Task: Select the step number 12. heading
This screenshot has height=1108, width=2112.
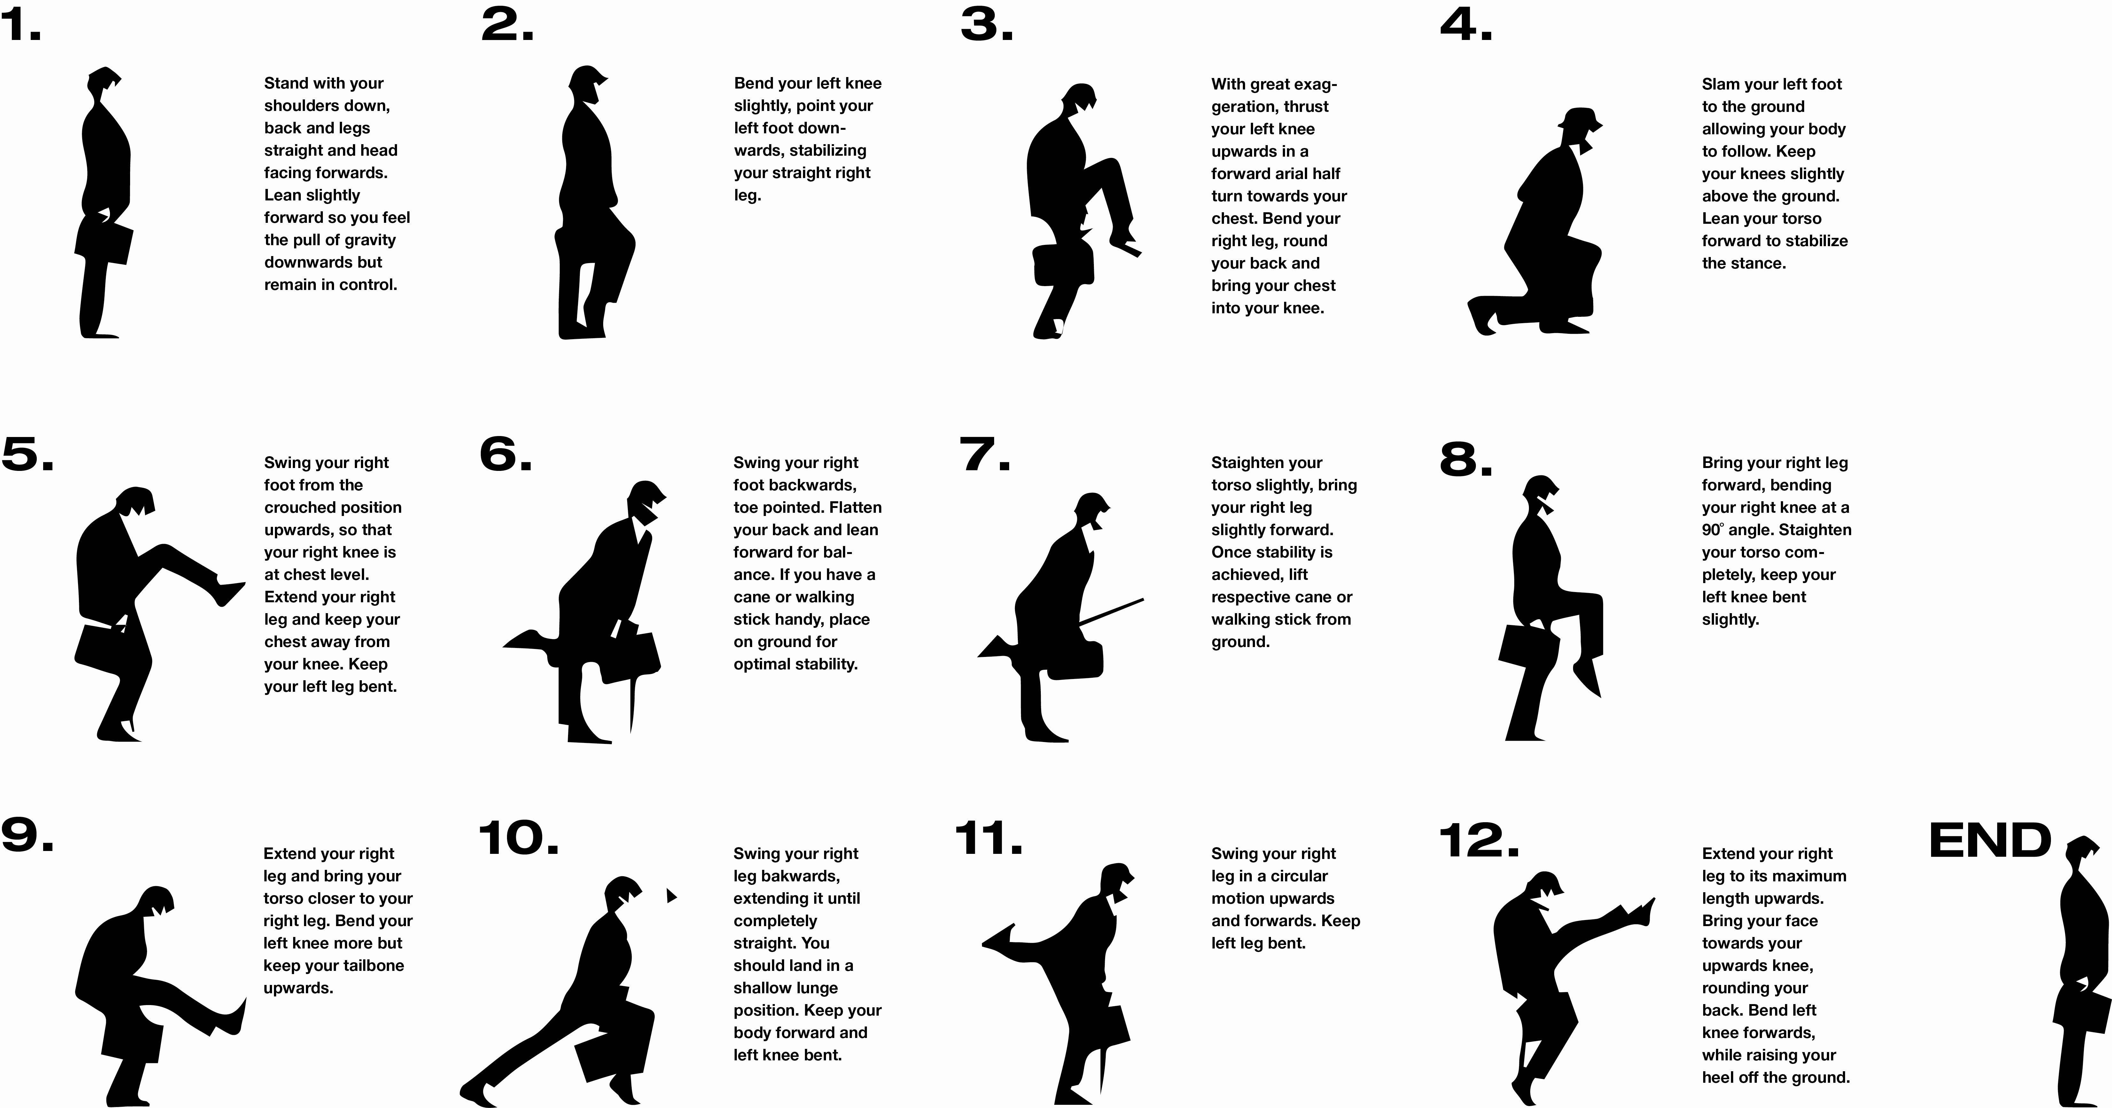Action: [x=1478, y=841]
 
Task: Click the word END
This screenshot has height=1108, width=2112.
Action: [x=1990, y=841]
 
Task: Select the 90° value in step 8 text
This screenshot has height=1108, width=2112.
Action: [x=1712, y=530]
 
